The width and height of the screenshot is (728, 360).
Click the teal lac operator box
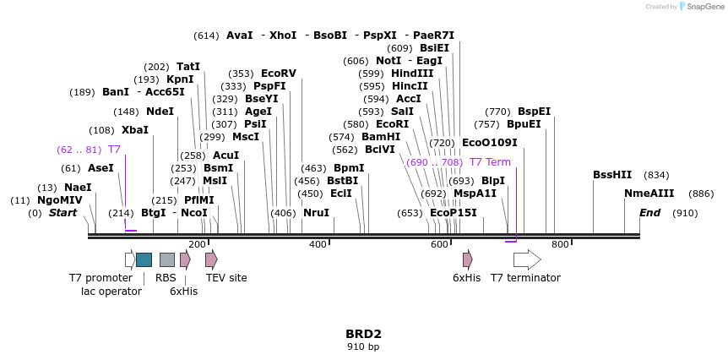(144, 259)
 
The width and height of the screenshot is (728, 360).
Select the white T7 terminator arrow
(527, 259)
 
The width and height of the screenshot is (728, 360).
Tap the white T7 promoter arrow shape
(129, 259)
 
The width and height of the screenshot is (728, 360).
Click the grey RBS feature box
(167, 259)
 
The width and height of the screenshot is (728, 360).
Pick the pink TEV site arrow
(211, 259)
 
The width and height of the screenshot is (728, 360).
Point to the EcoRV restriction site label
(279, 74)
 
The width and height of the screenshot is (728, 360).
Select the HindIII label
(412, 74)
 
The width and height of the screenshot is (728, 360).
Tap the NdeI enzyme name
(160, 112)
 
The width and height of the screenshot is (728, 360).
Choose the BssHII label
(612, 175)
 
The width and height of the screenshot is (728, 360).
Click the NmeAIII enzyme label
(649, 194)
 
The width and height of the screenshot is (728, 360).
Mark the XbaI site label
(135, 130)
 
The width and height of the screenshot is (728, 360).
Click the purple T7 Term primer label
(490, 162)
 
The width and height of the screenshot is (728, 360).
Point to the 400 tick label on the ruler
(318, 244)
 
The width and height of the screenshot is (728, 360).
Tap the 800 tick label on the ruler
(560, 244)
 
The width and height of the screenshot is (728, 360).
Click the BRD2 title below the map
(363, 334)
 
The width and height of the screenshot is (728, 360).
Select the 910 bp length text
(363, 347)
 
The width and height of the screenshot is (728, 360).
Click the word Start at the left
(62, 213)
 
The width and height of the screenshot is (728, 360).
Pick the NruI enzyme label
(316, 213)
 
